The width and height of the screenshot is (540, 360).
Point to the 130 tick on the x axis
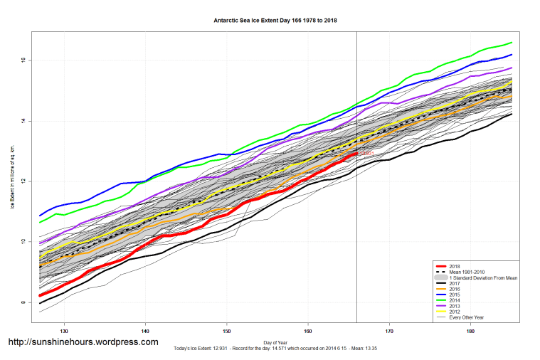pyautogui.click(x=64, y=331)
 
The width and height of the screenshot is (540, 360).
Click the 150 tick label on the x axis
pyautogui.click(x=227, y=331)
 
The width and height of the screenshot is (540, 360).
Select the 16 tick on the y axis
pyautogui.click(x=23, y=60)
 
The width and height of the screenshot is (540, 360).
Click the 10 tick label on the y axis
pyautogui.click(x=23, y=242)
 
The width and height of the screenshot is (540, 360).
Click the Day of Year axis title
pyautogui.click(x=276, y=342)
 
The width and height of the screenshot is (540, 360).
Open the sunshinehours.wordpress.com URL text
pyautogui.click(x=83, y=342)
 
